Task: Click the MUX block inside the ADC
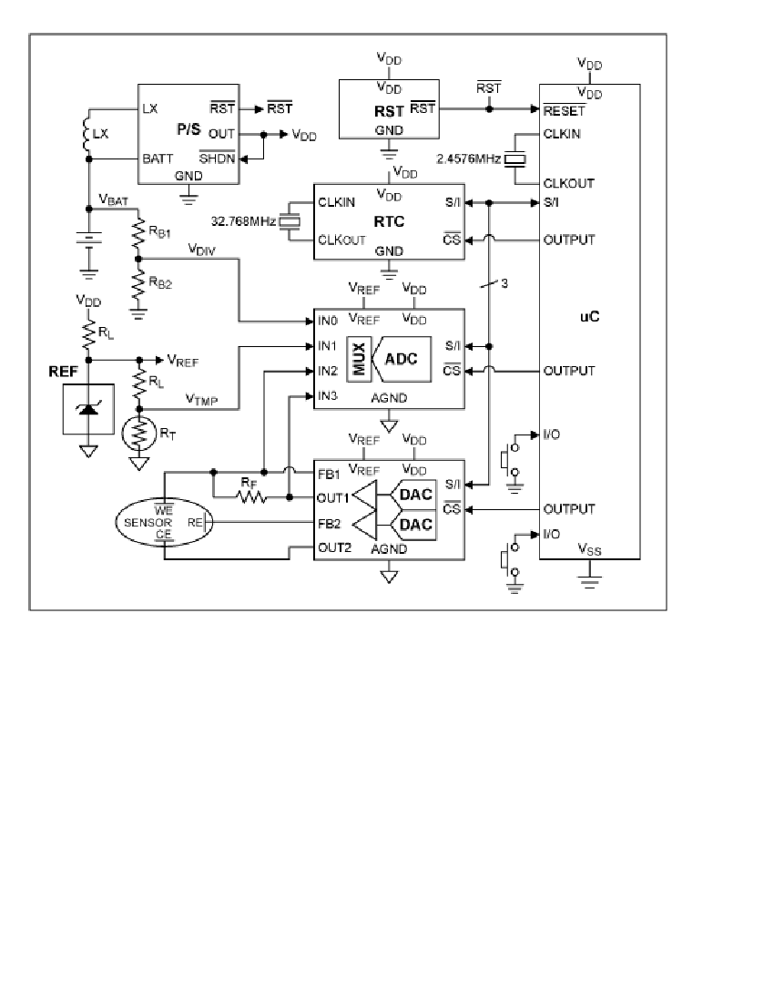359,359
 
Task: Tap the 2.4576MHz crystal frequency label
469,158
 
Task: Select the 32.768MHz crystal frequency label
243,221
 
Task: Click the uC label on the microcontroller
589,316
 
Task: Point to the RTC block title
389,221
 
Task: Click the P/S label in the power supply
188,129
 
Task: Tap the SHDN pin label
217,158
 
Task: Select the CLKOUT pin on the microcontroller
568,183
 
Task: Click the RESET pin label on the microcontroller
564,110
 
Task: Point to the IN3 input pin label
328,396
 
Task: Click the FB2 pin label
330,524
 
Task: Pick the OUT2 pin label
334,547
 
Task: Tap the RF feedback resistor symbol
252,496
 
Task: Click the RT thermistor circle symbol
138,433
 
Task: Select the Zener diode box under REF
88,409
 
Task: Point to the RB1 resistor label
159,232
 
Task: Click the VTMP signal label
202,399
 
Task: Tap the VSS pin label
589,549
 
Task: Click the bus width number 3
504,283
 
